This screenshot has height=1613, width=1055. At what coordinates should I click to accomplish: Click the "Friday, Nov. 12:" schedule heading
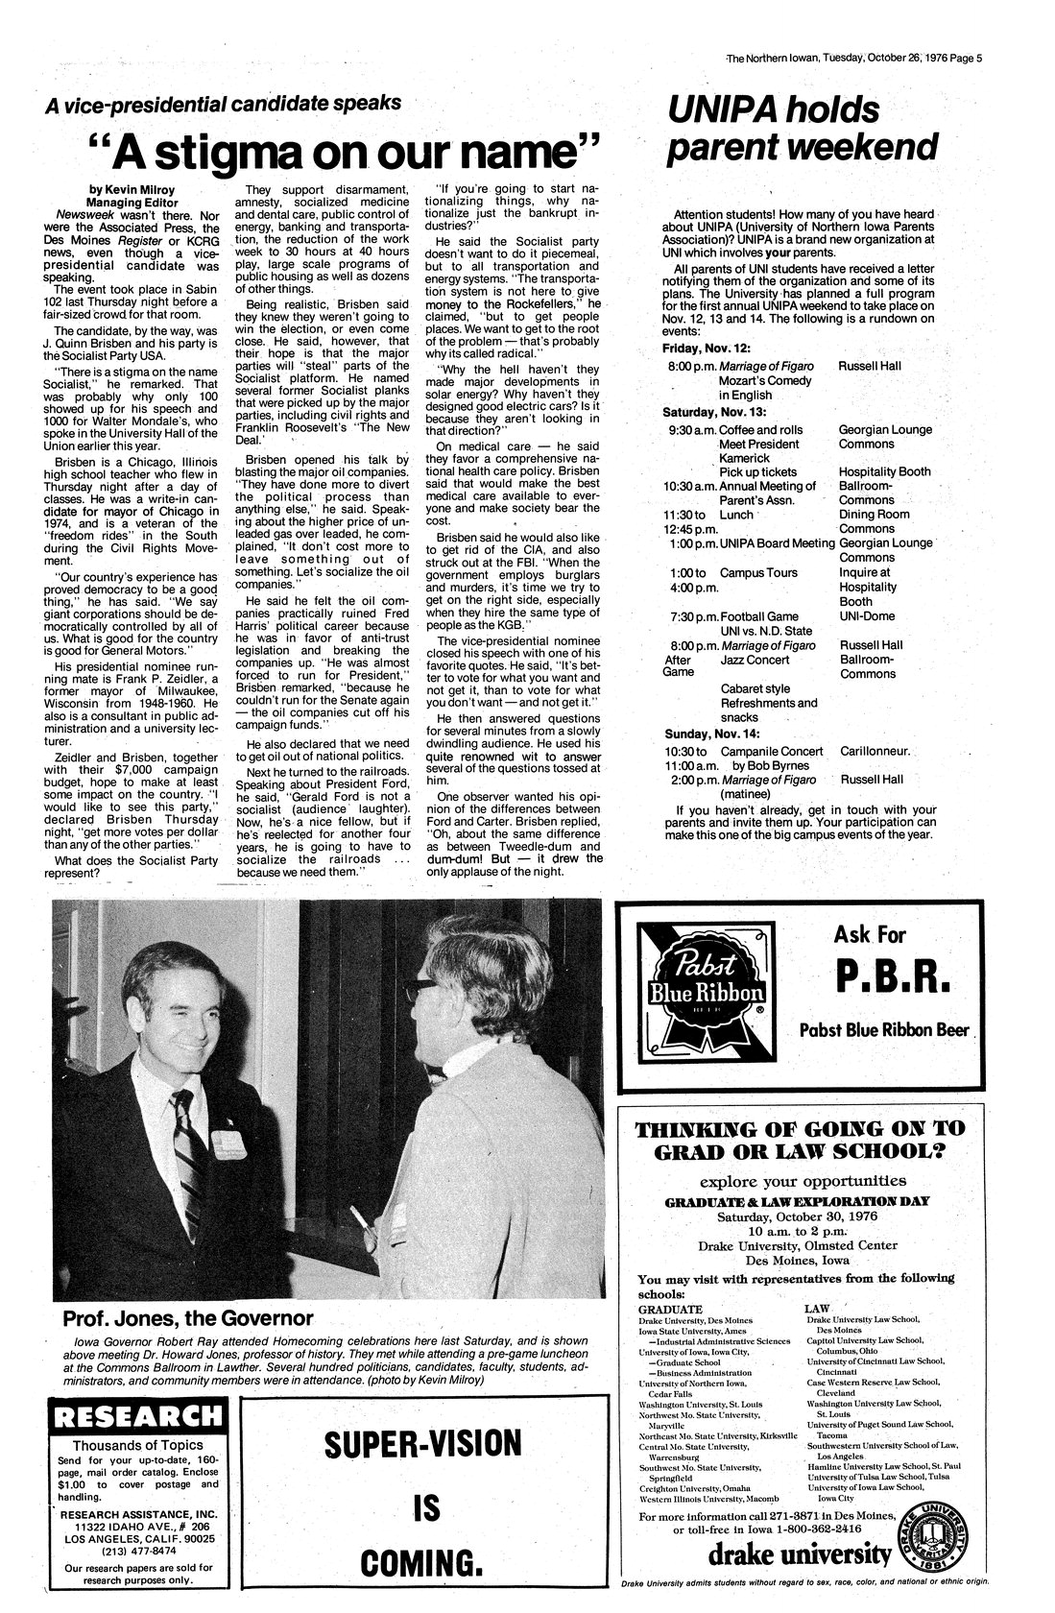point(711,346)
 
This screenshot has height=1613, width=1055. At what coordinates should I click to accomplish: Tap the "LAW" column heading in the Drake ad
point(819,1309)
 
